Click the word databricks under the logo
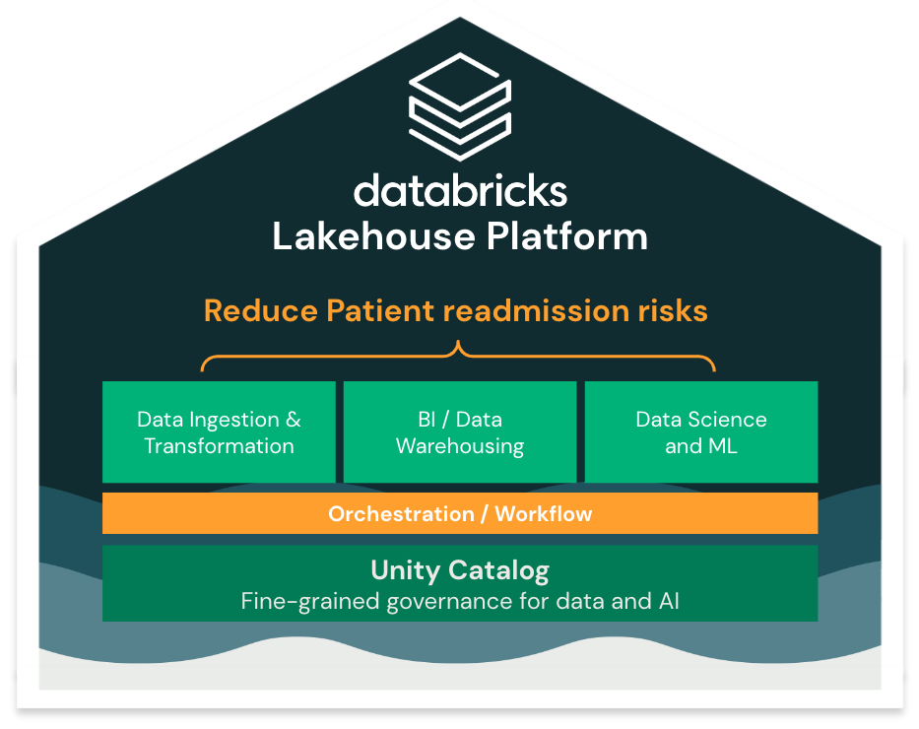[460, 189]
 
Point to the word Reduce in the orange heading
[260, 311]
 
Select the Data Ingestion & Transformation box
[219, 432]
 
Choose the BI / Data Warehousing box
[459, 432]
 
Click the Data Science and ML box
[701, 432]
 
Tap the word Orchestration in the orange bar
[401, 514]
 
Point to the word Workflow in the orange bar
[544, 514]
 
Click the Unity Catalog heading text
[459, 569]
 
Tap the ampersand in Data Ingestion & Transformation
[293, 420]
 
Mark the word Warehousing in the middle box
[459, 446]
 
